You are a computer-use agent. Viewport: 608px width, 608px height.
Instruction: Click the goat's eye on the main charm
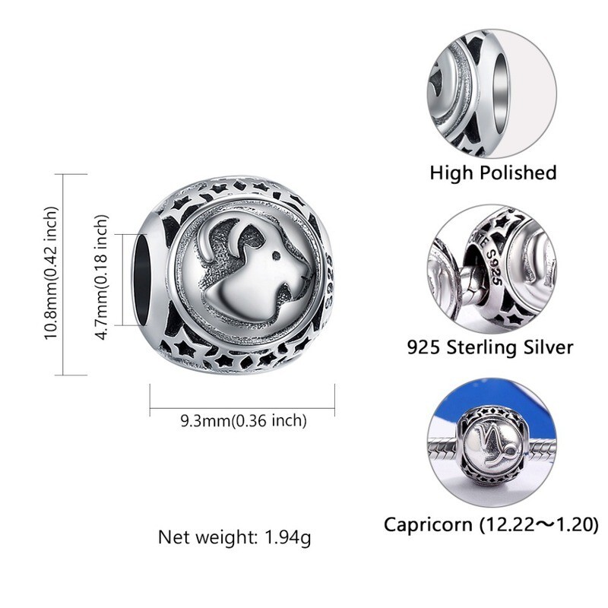[x=276, y=255]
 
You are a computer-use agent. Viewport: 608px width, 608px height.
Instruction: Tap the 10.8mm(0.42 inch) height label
[x=51, y=273]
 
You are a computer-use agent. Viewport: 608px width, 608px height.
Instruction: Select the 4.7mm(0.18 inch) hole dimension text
[x=102, y=277]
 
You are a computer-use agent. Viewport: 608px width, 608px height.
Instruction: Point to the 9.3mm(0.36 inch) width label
[x=243, y=421]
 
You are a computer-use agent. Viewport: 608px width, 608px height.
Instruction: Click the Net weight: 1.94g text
[x=234, y=537]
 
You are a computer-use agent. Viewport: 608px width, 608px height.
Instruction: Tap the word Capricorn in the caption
[x=428, y=525]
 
